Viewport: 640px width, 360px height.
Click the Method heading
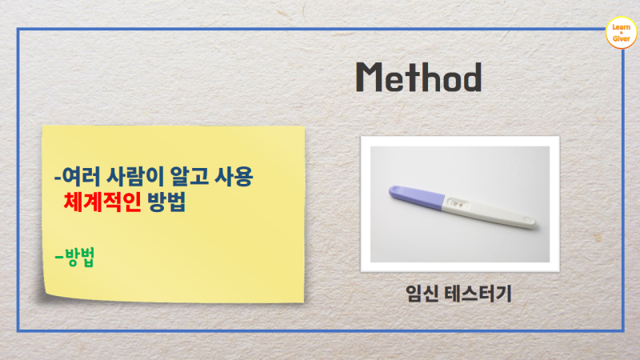[x=418, y=78]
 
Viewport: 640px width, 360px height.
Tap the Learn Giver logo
[x=621, y=33]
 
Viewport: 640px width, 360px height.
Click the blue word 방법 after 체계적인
[x=165, y=202]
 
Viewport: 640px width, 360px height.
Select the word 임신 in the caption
[x=420, y=294]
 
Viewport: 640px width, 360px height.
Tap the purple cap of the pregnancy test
[x=412, y=197]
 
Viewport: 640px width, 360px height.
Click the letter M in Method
[x=370, y=78]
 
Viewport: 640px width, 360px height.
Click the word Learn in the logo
[x=621, y=27]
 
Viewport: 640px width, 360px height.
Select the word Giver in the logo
[x=621, y=39]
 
